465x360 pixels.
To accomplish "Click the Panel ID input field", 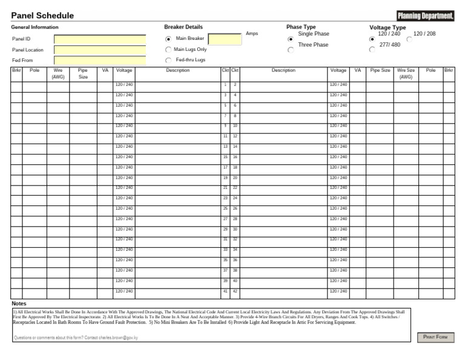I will click(100, 39).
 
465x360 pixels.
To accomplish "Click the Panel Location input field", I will click(100, 50).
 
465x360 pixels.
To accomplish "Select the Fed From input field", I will click(100, 61).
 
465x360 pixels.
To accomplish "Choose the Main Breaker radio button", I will click(168, 39).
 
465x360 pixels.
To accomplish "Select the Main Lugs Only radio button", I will click(168, 50).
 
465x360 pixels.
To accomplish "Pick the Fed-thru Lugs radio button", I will click(168, 61).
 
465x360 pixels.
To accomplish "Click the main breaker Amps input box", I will click(225, 39).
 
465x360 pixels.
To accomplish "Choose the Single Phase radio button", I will click(291, 39).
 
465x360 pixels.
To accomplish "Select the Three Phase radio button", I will click(291, 50).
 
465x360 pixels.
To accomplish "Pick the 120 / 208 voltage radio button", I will click(409, 39).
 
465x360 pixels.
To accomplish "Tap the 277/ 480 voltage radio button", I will click(372, 50).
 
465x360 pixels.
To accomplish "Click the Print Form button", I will click(435, 337).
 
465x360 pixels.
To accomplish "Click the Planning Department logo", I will click(425, 16).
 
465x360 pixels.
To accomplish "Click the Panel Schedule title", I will click(42, 16).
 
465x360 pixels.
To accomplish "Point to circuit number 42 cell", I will click(235, 292).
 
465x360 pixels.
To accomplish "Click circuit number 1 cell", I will click(225, 85).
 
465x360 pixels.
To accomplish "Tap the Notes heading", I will click(19, 303).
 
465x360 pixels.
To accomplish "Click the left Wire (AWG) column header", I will click(58, 74).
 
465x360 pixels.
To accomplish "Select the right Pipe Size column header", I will click(380, 71).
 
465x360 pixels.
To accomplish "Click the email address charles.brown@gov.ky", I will click(118, 338).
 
